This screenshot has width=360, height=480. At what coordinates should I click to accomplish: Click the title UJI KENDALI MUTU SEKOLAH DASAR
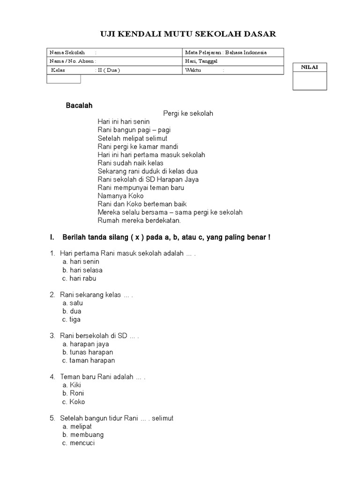tap(188, 34)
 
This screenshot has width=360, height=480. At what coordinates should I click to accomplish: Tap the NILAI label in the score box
tap(309, 67)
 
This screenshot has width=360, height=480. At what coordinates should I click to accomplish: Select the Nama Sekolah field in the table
tap(115, 52)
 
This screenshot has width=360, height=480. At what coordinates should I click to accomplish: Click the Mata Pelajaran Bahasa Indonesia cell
tap(233, 52)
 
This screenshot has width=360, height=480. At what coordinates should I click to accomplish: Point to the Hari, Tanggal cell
tap(233, 61)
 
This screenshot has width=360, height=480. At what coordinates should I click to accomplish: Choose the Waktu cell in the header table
tap(233, 70)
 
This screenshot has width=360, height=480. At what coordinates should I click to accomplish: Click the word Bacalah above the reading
tap(79, 105)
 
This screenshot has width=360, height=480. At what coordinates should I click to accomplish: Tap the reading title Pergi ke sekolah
tap(188, 113)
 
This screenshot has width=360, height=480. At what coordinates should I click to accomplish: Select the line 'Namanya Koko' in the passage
tap(120, 195)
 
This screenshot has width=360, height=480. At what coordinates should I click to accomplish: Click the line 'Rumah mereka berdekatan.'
tap(139, 220)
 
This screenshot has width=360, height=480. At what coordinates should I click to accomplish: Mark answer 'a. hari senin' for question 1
tap(81, 262)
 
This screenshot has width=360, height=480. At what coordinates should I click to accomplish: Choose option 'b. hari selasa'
tap(82, 270)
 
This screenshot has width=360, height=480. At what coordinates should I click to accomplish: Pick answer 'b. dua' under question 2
tap(72, 311)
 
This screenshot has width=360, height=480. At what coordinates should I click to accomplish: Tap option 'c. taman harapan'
tap(88, 360)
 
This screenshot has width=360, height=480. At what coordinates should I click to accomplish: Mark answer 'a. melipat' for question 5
tap(77, 426)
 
